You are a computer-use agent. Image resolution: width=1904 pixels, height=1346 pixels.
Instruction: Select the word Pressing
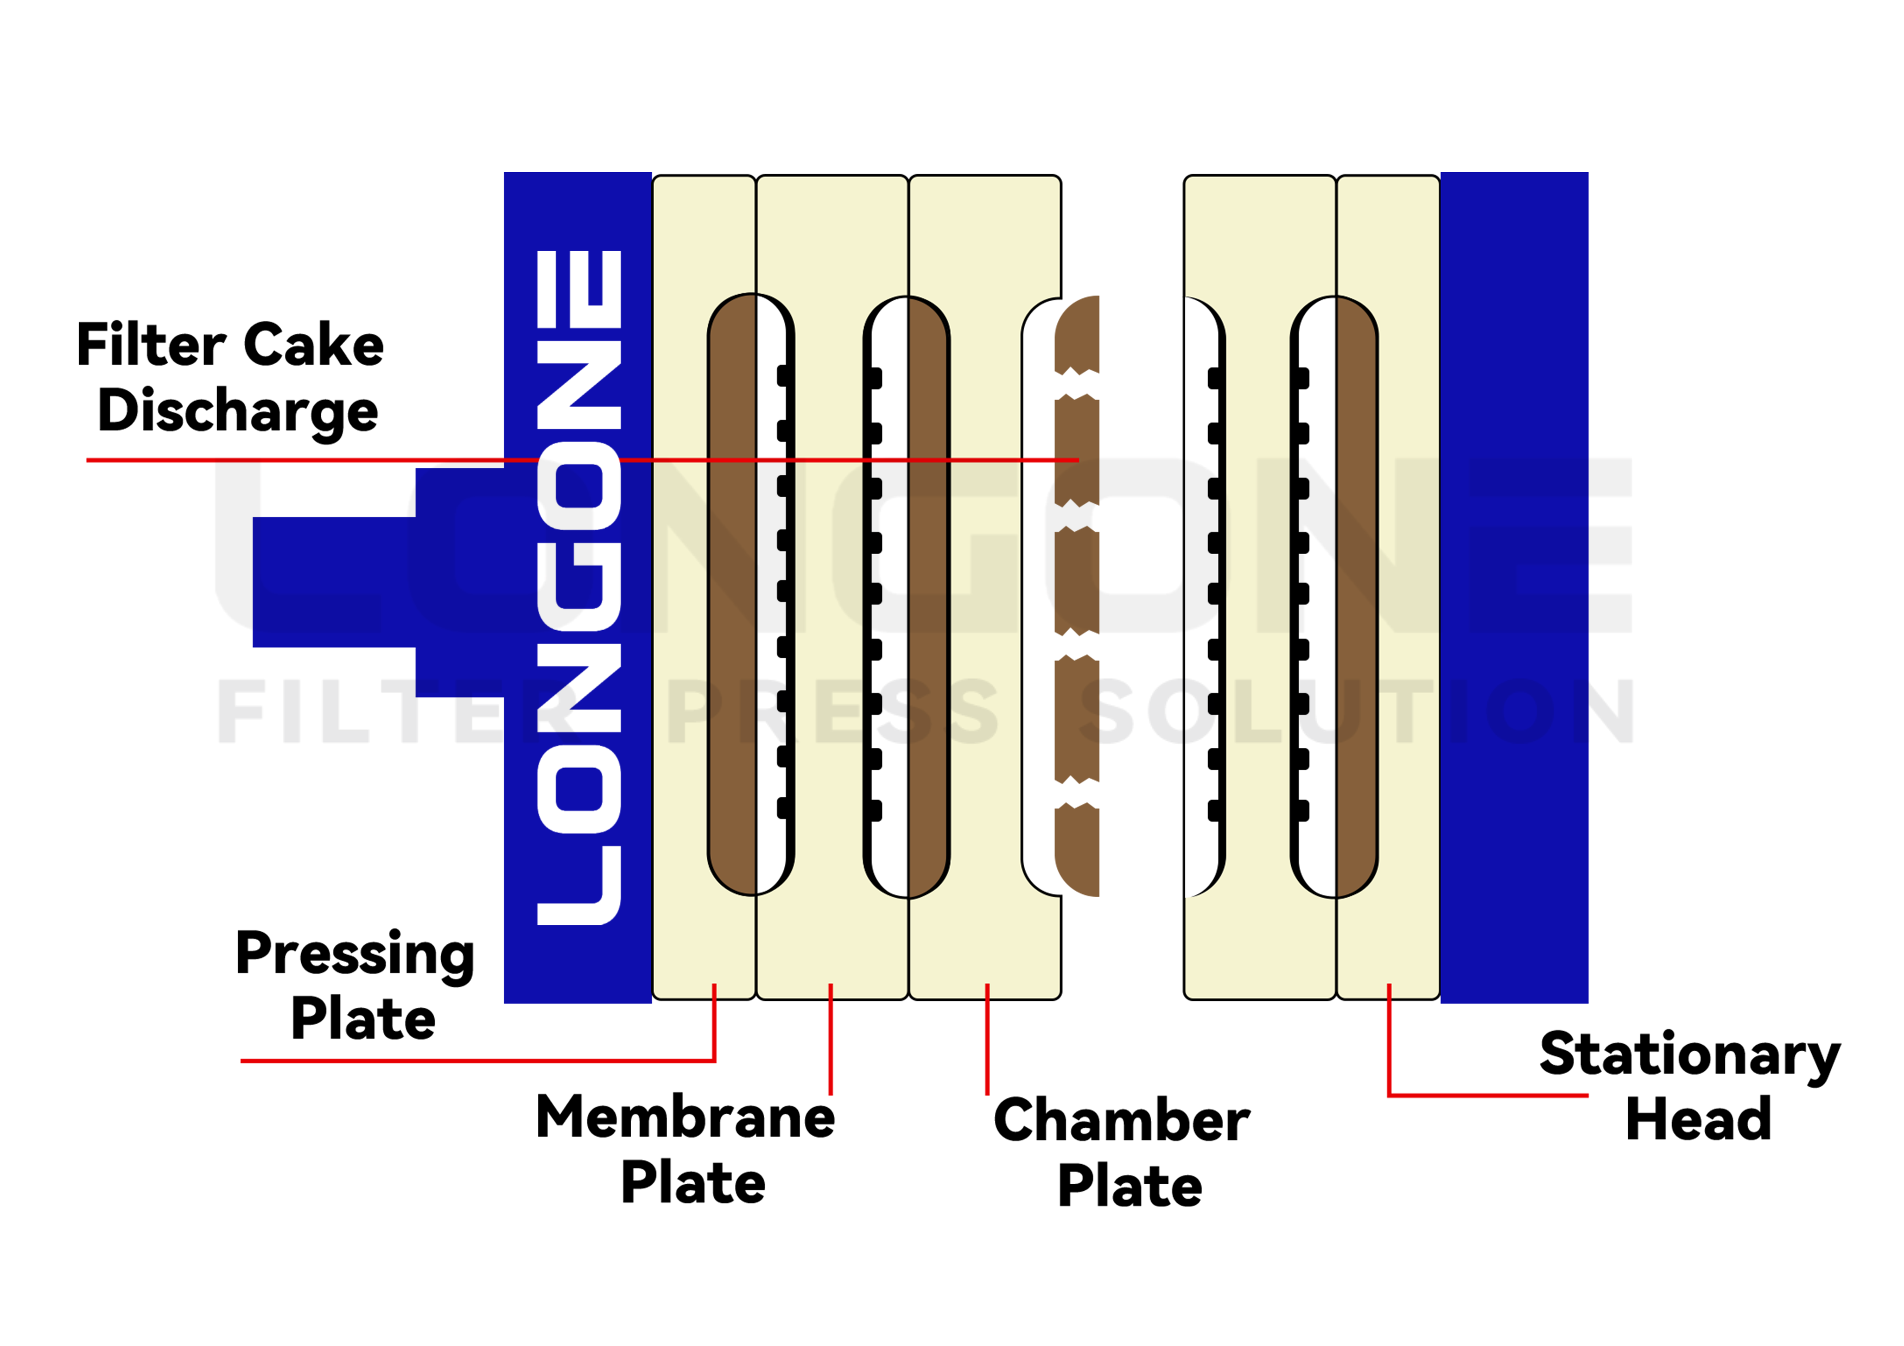coord(355,954)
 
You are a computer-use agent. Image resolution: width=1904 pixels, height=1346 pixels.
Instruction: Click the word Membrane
coord(685,1117)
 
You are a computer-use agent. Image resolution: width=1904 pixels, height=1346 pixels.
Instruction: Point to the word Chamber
coord(1121,1120)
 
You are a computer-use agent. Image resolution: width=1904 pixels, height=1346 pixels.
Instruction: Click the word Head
coord(1698,1120)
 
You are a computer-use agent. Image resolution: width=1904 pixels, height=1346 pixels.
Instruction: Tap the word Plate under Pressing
coord(363,1019)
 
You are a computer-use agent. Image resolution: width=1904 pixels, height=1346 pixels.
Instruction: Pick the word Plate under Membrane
coord(693,1184)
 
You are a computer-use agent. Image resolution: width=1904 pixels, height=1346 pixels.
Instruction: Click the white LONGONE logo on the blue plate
coord(579,587)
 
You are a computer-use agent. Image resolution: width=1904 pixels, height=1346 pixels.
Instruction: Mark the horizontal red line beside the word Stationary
coord(1489,1095)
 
